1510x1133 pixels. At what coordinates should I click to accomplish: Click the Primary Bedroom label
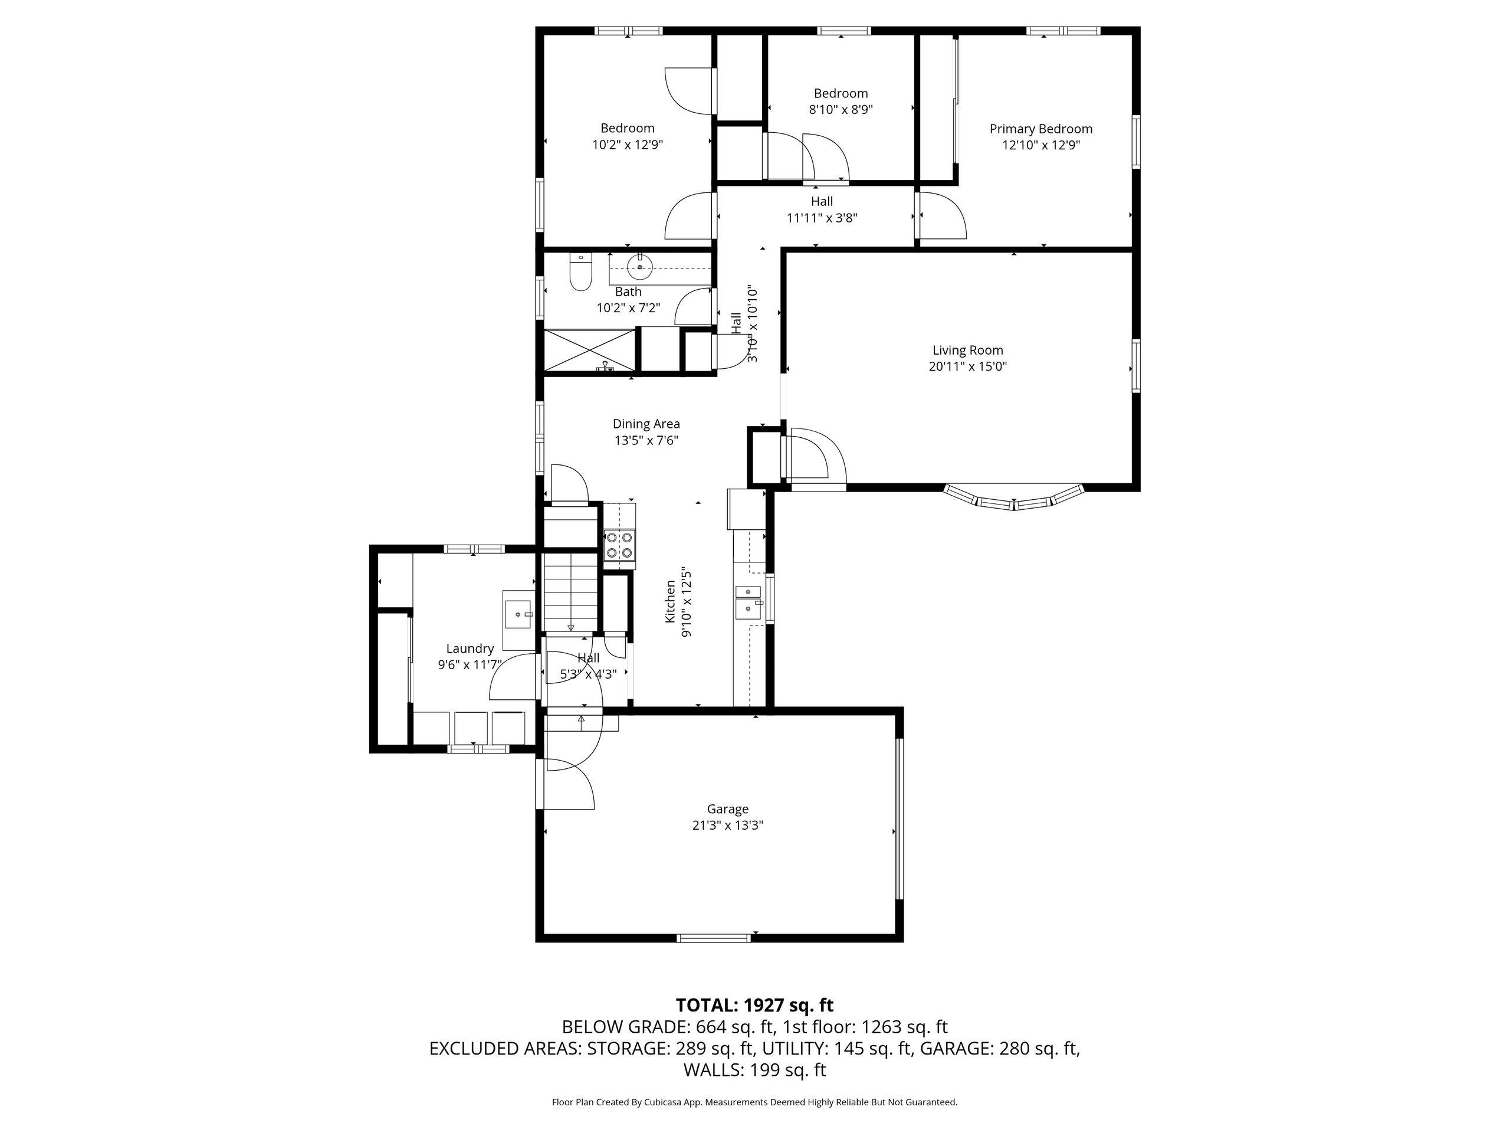click(1041, 129)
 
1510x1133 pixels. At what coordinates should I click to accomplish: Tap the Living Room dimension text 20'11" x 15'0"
click(968, 366)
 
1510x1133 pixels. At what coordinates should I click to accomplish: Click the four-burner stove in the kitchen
click(620, 545)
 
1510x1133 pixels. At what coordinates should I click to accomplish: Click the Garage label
click(728, 809)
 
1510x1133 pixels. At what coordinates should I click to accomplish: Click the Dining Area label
click(646, 424)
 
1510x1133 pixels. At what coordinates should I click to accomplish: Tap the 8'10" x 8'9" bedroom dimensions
click(841, 109)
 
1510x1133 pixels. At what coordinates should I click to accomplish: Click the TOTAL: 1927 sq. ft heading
click(754, 1006)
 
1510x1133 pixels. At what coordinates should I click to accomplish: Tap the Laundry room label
click(470, 649)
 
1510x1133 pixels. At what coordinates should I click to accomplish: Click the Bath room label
click(628, 292)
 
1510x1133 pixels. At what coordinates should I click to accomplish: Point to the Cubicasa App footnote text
click(754, 1102)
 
